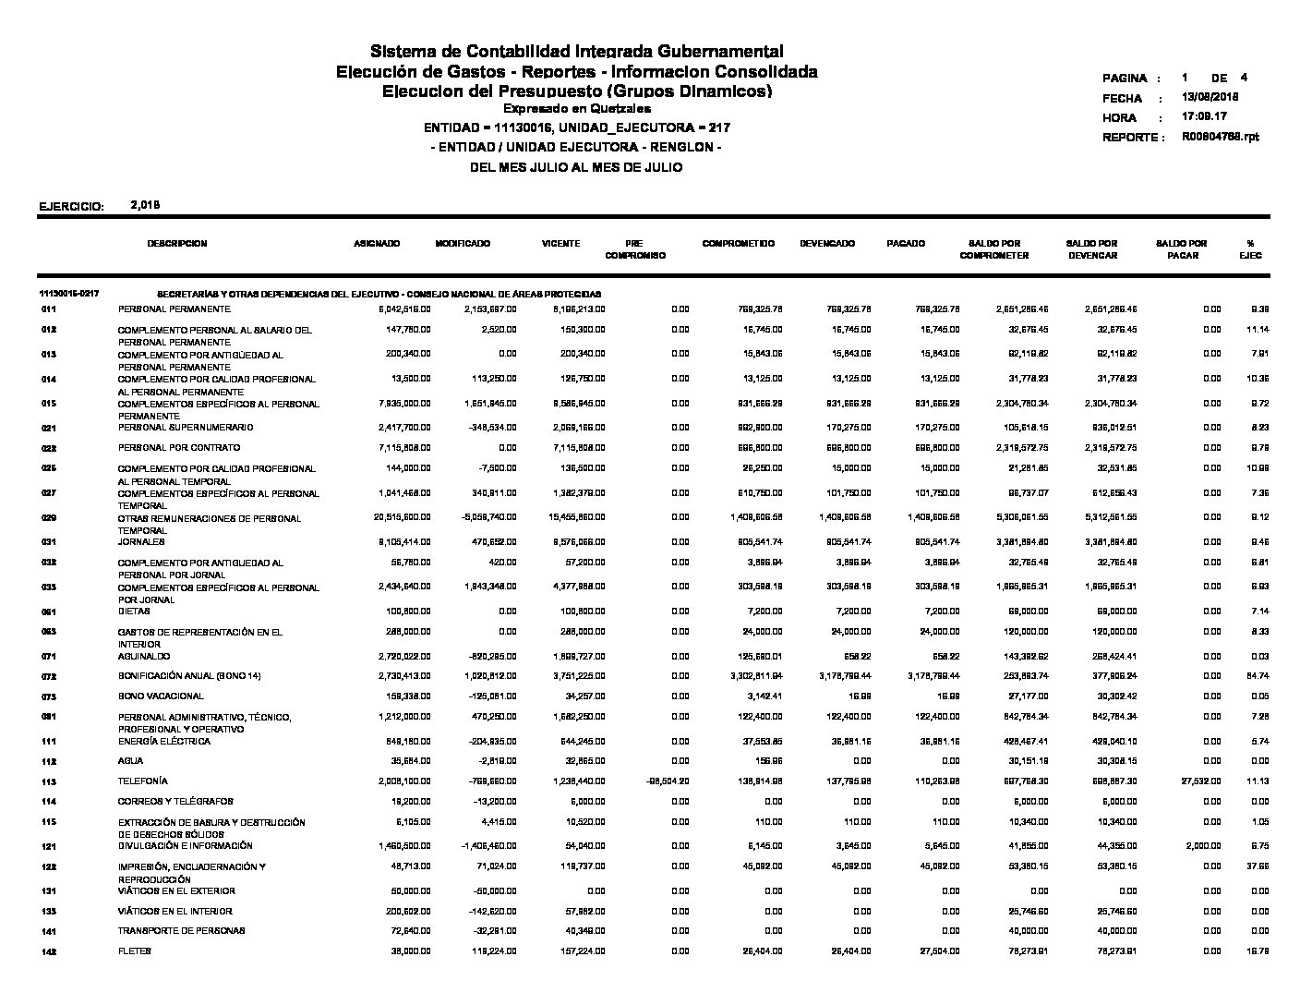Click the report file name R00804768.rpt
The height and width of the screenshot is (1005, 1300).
pyautogui.click(x=1220, y=137)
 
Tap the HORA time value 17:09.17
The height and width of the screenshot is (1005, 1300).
pyautogui.click(x=1204, y=117)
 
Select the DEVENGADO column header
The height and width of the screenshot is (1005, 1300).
pyautogui.click(x=827, y=244)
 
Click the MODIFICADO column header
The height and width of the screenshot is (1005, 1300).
pyautogui.click(x=463, y=244)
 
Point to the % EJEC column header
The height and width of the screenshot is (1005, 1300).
pyautogui.click(x=1250, y=249)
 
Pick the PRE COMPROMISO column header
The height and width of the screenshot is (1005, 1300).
pyautogui.click(x=634, y=249)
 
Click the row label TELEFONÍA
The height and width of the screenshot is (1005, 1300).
pyautogui.click(x=143, y=781)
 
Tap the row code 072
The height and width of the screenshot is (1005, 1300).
pyautogui.click(x=49, y=677)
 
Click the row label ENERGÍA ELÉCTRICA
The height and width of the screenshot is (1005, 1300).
pyautogui.click(x=164, y=742)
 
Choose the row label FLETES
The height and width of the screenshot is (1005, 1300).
pyautogui.click(x=135, y=951)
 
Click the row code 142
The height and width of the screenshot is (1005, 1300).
pyautogui.click(x=49, y=952)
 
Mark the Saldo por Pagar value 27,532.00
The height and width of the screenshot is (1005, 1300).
pyautogui.click(x=1200, y=781)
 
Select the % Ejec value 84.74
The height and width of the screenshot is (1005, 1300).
pyautogui.click(x=1250, y=677)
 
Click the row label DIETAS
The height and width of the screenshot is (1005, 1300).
pyautogui.click(x=134, y=611)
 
